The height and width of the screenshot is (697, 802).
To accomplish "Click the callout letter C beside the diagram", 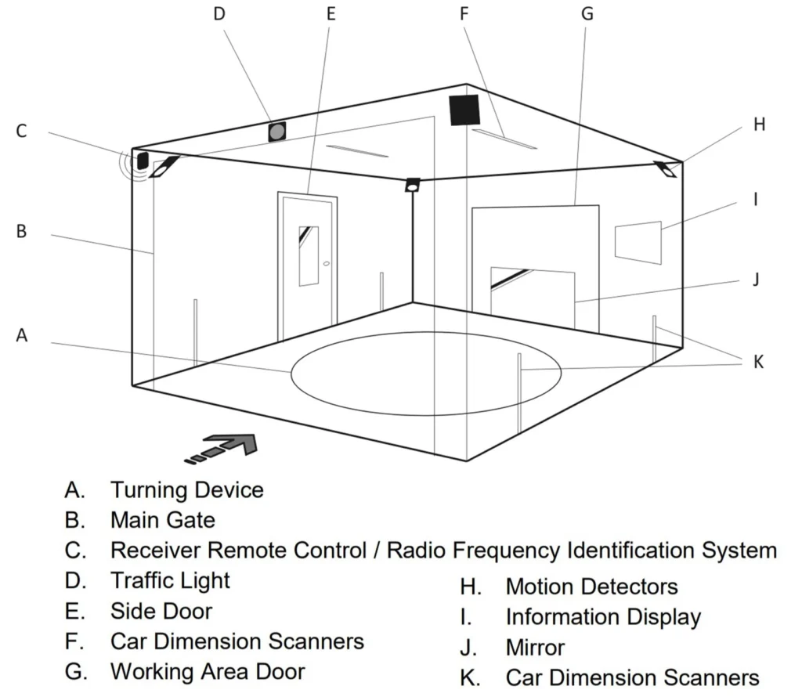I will click(x=21, y=131).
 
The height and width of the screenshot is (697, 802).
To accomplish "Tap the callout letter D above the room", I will click(x=219, y=14).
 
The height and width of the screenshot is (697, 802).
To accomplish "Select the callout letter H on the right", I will click(x=759, y=125).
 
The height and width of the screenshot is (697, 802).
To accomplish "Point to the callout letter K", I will click(x=757, y=362).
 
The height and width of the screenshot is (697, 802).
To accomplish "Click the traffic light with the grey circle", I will click(x=276, y=132).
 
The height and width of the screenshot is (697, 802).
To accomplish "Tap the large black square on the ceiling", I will click(x=464, y=110).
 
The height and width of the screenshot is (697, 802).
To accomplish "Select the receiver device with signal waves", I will click(x=143, y=161).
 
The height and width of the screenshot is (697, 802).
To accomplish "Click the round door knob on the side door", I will click(x=326, y=264).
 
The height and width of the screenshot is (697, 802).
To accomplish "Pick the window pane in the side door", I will click(x=309, y=255).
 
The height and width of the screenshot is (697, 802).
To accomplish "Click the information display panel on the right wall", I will click(x=638, y=241).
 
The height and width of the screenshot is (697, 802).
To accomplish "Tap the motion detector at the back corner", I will click(x=412, y=186).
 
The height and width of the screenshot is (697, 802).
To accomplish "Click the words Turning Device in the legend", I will click(x=186, y=490).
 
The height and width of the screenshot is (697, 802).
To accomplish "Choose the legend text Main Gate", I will click(x=162, y=520).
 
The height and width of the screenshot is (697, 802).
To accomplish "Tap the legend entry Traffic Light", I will click(x=170, y=581).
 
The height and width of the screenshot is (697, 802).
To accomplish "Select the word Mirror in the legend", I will click(x=535, y=648).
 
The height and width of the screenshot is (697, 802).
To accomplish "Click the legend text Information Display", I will click(x=602, y=617).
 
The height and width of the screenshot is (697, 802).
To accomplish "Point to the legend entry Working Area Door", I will click(x=207, y=671).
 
